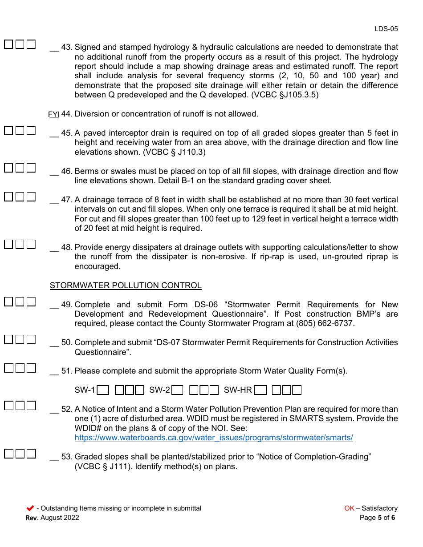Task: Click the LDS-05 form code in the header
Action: pyautogui.click(x=386, y=29)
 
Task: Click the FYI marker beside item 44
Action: pyautogui.click(x=53, y=114)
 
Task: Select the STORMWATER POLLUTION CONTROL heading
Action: pyautogui.click(x=126, y=286)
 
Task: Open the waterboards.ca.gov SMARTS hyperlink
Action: pyautogui.click(x=214, y=438)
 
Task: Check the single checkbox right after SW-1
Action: pyautogui.click(x=103, y=390)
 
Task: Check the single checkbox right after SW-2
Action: pyautogui.click(x=177, y=390)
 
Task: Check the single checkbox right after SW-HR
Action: pyautogui.click(x=261, y=390)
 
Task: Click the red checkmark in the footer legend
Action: pyautogui.click(x=30, y=508)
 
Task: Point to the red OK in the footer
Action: pyautogui.click(x=349, y=508)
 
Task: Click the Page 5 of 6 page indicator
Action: pyautogui.click(x=377, y=518)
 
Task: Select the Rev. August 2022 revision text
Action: pyautogui.click(x=53, y=518)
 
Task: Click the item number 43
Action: pyautogui.click(x=67, y=47)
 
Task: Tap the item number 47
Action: pyautogui.click(x=67, y=200)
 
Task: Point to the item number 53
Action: pyautogui.click(x=67, y=457)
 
